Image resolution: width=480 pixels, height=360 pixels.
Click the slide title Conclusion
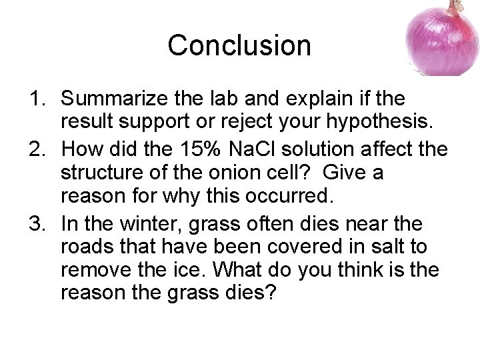tap(239, 45)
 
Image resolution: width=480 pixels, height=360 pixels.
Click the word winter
tap(159, 222)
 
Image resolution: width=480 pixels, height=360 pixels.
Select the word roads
tap(86, 246)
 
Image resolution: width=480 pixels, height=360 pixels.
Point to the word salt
tap(389, 246)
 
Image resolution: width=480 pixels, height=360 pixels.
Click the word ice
tap(201, 269)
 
